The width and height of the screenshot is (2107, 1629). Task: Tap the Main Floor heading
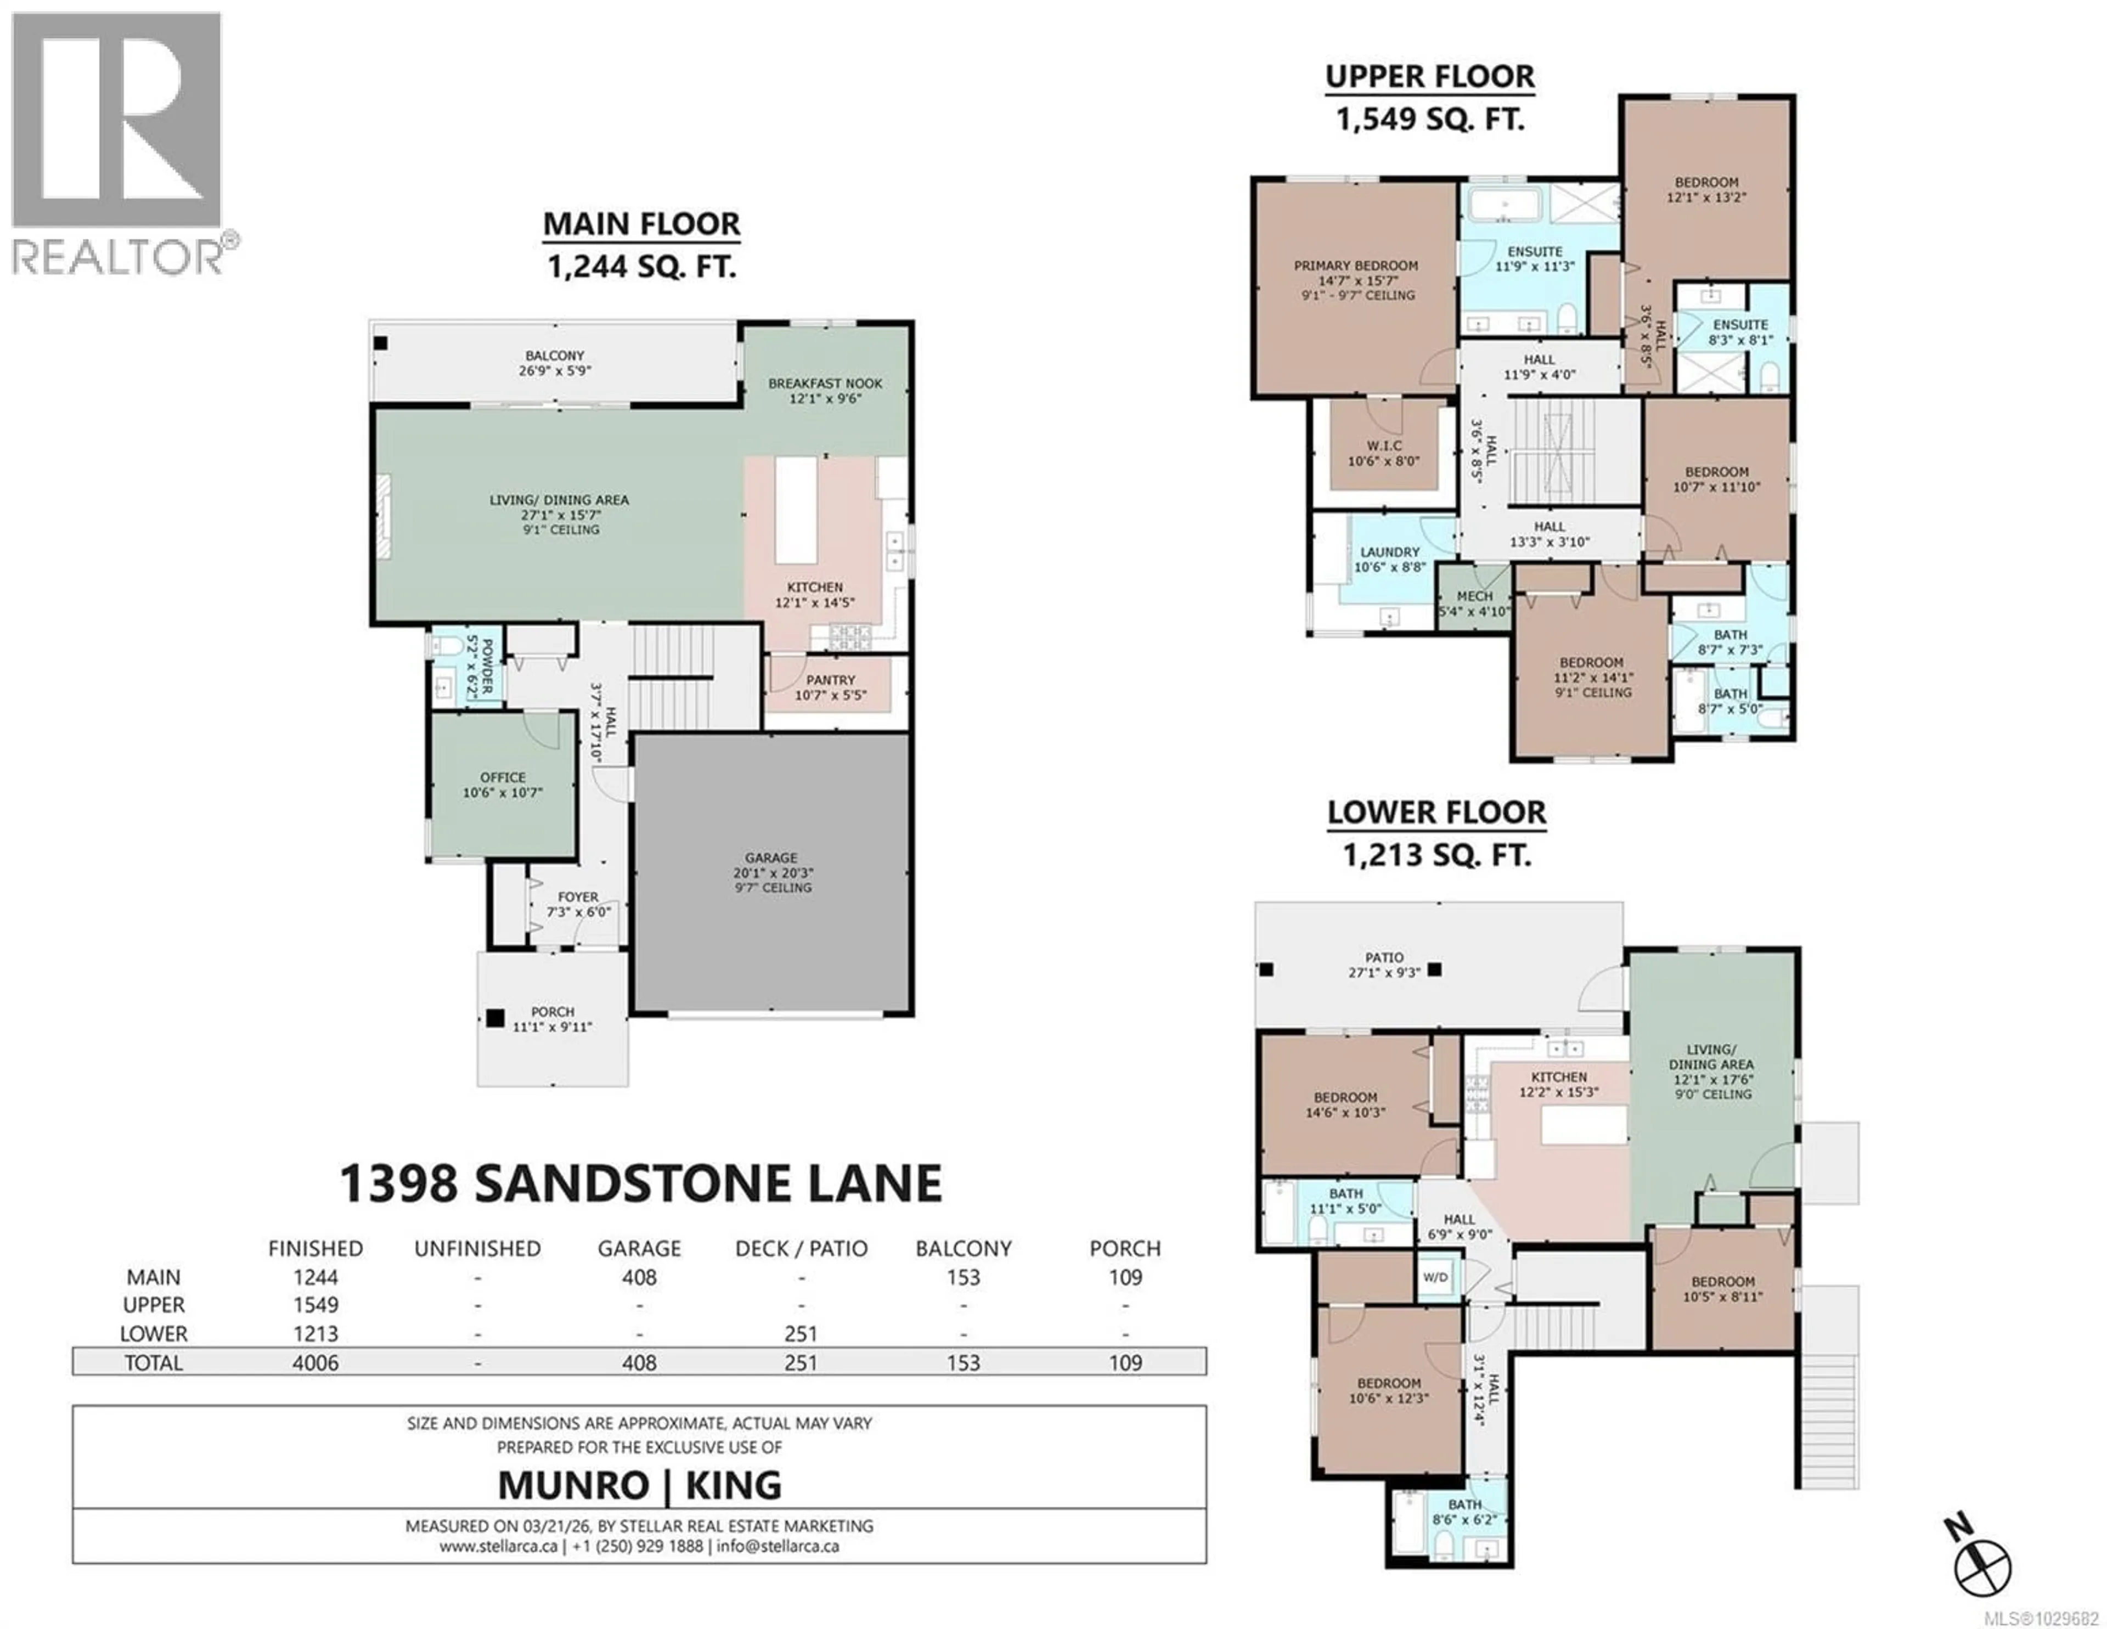(641, 225)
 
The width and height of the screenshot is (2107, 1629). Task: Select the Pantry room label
(830, 687)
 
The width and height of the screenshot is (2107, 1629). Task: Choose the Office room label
(503, 784)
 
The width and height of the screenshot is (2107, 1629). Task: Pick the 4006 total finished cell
(316, 1363)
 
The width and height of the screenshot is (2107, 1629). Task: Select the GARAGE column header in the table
(639, 1248)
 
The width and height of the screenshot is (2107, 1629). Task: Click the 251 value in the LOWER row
(801, 1334)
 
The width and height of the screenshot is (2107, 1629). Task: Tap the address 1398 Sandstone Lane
(640, 1183)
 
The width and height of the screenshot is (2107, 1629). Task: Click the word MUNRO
(573, 1485)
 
